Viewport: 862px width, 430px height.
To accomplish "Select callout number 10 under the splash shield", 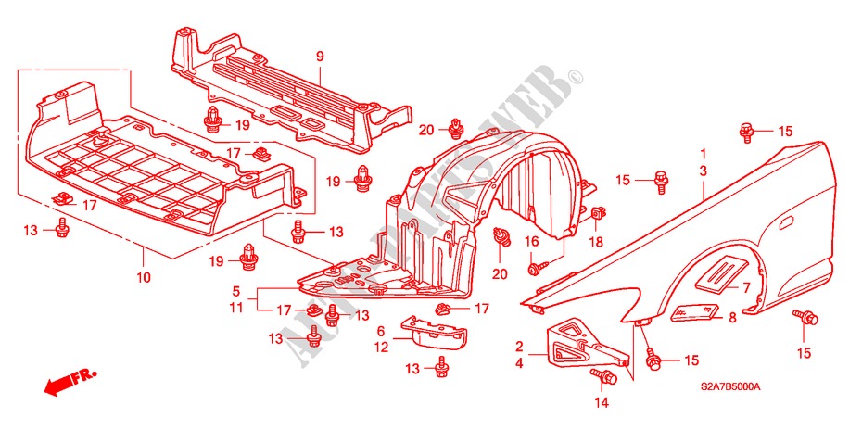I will tap(144, 276).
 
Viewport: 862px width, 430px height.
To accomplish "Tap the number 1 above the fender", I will tap(704, 154).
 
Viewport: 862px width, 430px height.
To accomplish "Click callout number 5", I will tap(236, 290).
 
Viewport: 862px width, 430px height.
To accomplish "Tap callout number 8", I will tap(731, 317).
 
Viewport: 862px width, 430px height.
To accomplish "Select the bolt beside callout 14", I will tap(607, 376).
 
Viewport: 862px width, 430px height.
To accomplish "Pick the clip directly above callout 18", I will tap(598, 216).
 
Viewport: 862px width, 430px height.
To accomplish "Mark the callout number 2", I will tap(518, 346).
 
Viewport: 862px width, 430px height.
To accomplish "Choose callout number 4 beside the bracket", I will tap(518, 363).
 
